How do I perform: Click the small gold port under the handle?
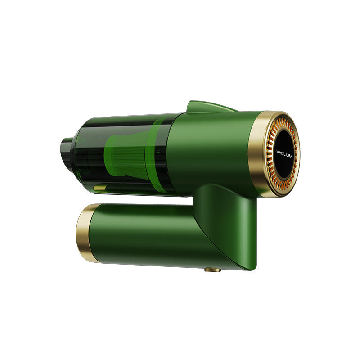(212, 270)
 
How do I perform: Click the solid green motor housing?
(211, 148)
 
